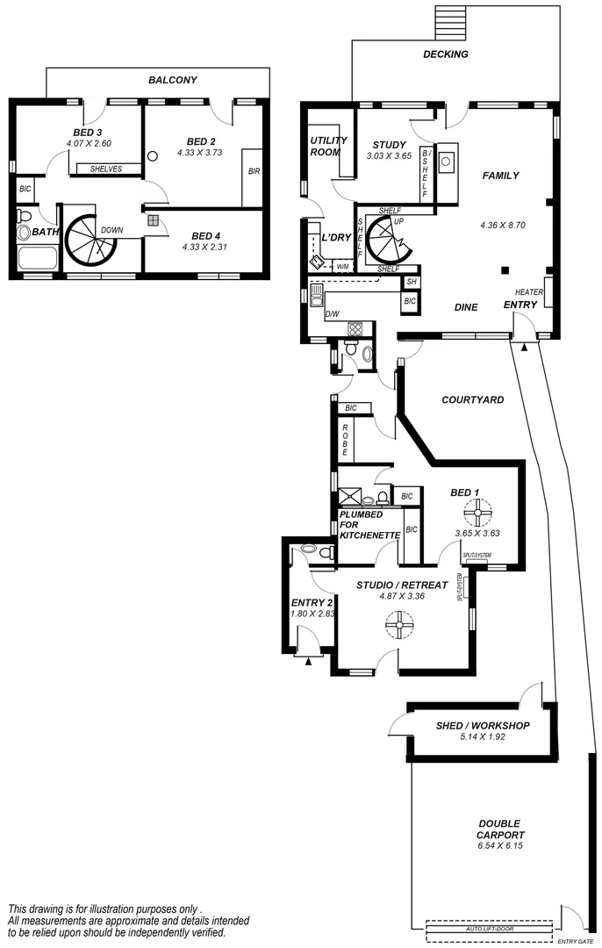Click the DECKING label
(446, 54)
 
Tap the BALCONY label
(172, 80)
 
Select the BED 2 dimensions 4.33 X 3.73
(201, 152)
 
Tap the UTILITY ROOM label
(328, 146)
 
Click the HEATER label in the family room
(528, 292)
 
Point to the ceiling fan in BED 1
(478, 511)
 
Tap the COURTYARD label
(472, 399)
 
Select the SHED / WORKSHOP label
(483, 726)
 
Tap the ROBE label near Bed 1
(346, 438)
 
